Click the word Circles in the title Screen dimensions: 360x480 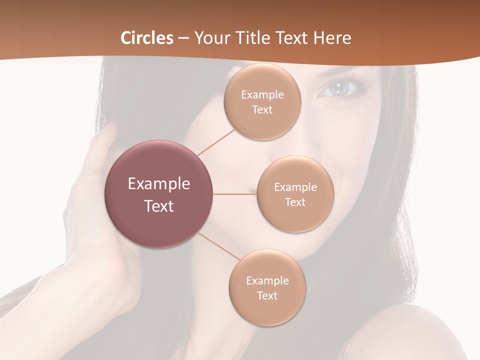coord(147,38)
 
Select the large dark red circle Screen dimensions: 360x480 coord(159,194)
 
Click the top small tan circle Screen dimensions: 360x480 coord(262,101)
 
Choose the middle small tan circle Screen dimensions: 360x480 coord(295,194)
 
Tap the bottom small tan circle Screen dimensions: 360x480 coord(267,287)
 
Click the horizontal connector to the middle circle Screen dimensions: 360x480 coord(235,193)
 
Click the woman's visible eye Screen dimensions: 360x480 coord(340,88)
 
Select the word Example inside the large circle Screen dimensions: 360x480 coord(159,184)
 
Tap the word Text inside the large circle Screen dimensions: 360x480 coord(159,206)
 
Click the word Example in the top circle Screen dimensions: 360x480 coord(262,94)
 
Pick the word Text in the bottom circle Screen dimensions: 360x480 coord(267,295)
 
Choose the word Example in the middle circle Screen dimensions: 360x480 coord(295,187)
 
